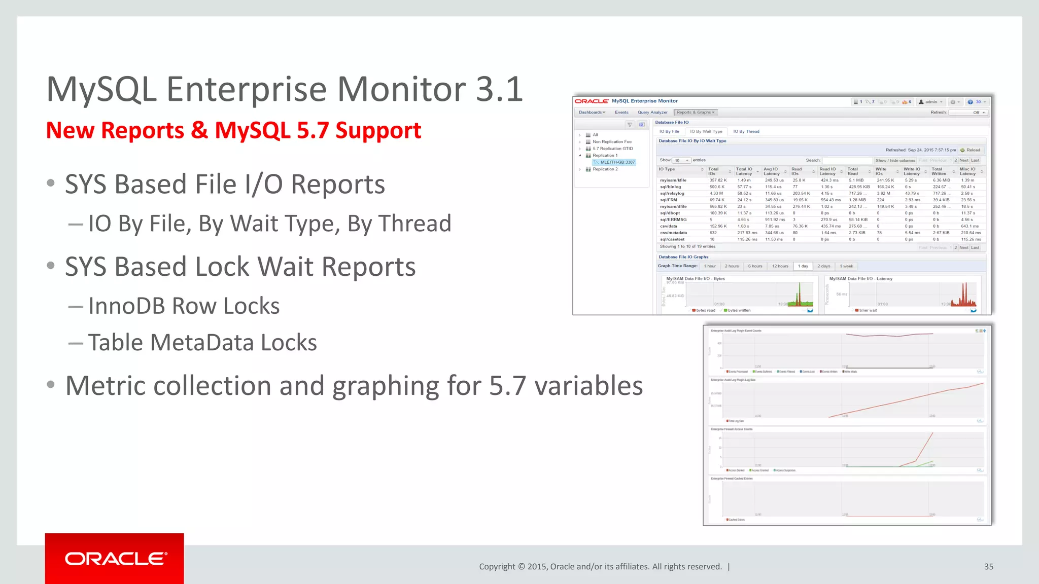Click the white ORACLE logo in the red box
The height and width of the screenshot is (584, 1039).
click(115, 559)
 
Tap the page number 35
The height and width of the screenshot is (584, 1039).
click(988, 567)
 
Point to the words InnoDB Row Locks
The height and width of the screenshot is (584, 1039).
click(184, 306)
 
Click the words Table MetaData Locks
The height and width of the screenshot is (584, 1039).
click(202, 343)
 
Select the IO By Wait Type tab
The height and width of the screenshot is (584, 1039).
click(706, 131)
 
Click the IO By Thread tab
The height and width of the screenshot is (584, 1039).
click(746, 131)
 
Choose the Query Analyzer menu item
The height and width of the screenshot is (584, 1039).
click(652, 113)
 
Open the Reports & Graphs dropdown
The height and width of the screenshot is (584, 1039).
click(695, 113)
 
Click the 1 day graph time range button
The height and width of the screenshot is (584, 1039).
click(803, 266)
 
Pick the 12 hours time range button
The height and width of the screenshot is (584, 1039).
click(780, 266)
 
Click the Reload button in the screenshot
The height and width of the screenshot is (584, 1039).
click(970, 150)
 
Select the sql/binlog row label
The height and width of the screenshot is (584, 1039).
click(670, 187)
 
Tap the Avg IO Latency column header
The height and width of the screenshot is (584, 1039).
click(772, 171)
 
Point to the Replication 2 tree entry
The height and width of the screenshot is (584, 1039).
click(605, 169)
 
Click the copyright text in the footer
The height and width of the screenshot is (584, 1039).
click(600, 567)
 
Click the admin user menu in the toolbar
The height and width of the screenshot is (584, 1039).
click(930, 102)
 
